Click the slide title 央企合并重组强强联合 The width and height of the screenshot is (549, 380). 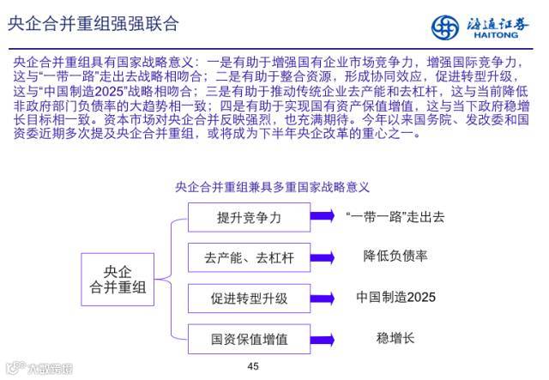pyautogui.click(x=93, y=23)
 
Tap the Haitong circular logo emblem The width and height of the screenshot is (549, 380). pyautogui.click(x=449, y=26)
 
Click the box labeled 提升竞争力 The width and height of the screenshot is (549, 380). pyautogui.click(x=249, y=218)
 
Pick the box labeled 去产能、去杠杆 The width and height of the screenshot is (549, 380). pyautogui.click(x=249, y=257)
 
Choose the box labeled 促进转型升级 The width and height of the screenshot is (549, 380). pyautogui.click(x=249, y=299)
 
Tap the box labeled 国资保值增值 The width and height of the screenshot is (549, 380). pyautogui.click(x=249, y=338)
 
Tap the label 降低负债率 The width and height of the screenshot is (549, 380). pyautogui.click(x=395, y=256)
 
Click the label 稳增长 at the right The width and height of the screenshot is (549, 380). pyautogui.click(x=395, y=337)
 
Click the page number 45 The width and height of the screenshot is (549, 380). pyautogui.click(x=252, y=366)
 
